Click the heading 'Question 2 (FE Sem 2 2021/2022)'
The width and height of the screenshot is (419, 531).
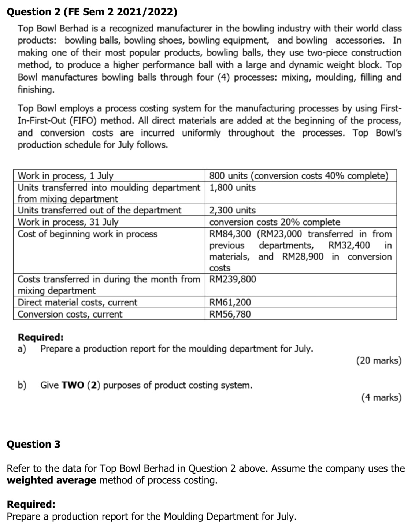(92, 12)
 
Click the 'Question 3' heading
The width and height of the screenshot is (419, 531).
(34, 444)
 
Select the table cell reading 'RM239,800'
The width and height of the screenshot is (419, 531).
(233, 279)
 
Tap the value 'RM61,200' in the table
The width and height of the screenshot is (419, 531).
(230, 302)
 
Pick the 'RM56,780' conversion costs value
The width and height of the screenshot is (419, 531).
(230, 314)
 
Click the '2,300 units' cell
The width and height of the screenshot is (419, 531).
(232, 210)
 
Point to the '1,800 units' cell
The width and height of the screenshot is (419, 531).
(232, 187)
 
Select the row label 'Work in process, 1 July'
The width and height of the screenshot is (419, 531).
(66, 176)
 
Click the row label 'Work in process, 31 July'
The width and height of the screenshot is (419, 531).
(68, 222)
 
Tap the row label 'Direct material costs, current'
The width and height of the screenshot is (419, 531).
(78, 302)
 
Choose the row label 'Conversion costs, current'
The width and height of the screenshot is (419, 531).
(70, 314)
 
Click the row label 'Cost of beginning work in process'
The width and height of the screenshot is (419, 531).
(88, 234)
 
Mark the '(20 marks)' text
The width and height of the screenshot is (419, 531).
(379, 360)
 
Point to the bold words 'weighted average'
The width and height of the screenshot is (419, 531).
(52, 480)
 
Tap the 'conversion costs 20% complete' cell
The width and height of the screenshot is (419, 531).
(274, 222)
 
